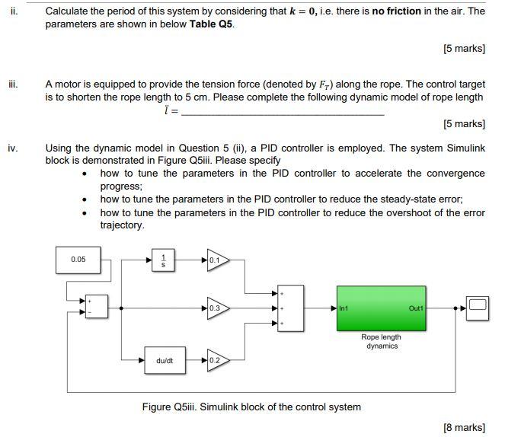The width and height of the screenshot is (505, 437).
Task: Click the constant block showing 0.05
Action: [78, 260]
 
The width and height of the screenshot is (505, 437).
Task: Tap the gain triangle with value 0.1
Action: [216, 260]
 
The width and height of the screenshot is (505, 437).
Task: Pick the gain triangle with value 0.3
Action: [216, 308]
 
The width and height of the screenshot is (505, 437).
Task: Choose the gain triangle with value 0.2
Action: [216, 360]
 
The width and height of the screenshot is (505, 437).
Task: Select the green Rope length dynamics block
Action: [381, 308]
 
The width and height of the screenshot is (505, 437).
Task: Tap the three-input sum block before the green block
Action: [290, 308]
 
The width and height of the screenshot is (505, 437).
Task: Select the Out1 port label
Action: [415, 308]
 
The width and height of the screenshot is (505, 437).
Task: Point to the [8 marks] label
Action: [464, 427]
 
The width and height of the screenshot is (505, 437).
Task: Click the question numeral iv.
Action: [13, 148]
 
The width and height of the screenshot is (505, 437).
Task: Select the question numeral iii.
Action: [12, 85]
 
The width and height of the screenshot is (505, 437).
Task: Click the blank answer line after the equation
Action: [283, 113]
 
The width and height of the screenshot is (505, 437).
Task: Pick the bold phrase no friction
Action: [397, 11]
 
